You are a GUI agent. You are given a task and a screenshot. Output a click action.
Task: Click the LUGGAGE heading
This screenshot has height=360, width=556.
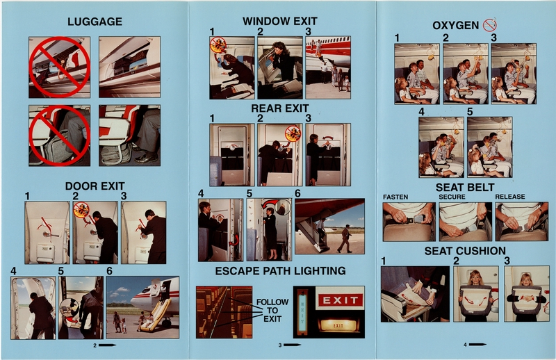[95, 22]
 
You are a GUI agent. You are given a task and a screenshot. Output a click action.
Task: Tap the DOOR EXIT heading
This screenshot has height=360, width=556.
[95, 186]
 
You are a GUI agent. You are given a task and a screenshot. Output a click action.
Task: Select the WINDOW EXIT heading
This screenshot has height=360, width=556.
[281, 22]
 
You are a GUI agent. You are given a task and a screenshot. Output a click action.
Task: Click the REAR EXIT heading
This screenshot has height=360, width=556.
[281, 108]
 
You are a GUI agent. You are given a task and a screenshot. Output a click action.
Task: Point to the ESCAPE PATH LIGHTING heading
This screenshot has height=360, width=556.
[280, 270]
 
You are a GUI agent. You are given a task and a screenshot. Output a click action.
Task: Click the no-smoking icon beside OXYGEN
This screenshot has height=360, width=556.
[491, 25]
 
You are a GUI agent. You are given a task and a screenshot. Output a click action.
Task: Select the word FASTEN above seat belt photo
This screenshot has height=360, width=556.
[395, 197]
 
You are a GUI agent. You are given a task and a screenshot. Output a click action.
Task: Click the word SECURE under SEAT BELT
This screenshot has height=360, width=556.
[452, 197]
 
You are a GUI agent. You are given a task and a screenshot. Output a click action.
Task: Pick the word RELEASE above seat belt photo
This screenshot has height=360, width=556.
[509, 197]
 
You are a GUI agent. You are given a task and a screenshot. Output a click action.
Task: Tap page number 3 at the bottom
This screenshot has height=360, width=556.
[280, 344]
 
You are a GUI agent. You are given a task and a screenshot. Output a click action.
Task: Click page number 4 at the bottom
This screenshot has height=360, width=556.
[466, 344]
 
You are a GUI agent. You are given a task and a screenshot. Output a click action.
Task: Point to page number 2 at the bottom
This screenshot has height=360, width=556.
[95, 344]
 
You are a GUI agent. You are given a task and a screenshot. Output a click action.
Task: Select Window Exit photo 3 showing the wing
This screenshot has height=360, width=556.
[327, 67]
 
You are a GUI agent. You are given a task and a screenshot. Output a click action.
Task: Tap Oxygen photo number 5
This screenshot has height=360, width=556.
[489, 147]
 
